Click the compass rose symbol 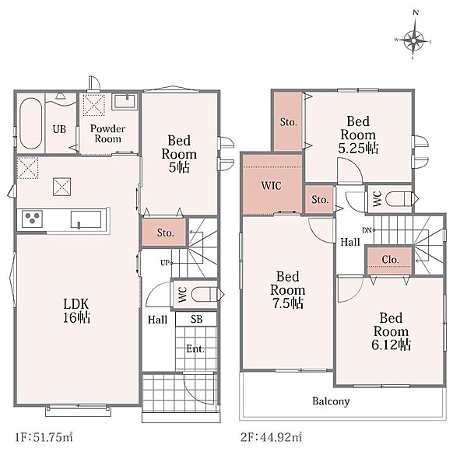(414, 40)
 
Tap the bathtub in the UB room (30, 124)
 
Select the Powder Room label (108, 134)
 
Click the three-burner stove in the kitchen (32, 219)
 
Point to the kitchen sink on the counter (86, 219)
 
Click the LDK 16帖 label (76, 310)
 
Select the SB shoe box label (197, 320)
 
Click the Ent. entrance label (195, 348)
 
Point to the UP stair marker (165, 263)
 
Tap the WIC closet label (272, 186)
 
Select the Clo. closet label (390, 260)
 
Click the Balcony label (331, 401)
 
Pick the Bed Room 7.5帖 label (288, 290)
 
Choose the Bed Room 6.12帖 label (392, 331)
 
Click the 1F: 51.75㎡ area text (44, 437)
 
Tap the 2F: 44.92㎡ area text (271, 437)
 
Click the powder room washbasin (125, 101)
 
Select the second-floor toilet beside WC (401, 199)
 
